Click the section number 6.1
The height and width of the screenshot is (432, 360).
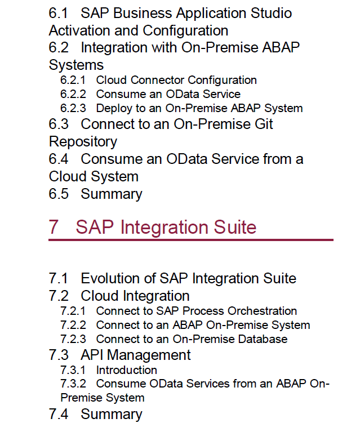[x=58, y=13]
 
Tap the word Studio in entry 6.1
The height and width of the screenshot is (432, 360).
[x=271, y=13]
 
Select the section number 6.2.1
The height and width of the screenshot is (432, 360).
[x=73, y=80]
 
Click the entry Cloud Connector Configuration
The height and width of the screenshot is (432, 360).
[x=176, y=80]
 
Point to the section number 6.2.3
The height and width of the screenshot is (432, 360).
[x=73, y=108]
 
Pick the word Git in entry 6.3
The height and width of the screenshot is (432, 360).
[x=264, y=124]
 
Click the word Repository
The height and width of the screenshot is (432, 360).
[x=83, y=142]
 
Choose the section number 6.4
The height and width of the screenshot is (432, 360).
[x=59, y=159]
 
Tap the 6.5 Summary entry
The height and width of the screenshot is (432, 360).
[x=95, y=194]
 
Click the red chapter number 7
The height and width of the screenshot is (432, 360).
[x=54, y=228]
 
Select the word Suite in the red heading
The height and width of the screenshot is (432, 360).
[x=235, y=228]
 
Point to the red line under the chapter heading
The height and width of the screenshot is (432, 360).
[x=191, y=240]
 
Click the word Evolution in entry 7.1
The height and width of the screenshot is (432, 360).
[x=118, y=278]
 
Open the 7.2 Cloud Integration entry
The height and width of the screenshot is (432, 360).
[x=119, y=296]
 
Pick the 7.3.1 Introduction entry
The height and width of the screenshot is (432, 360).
[x=109, y=370]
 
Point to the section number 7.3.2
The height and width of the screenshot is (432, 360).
[x=73, y=384]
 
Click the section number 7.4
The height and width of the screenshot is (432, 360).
[x=59, y=415]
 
